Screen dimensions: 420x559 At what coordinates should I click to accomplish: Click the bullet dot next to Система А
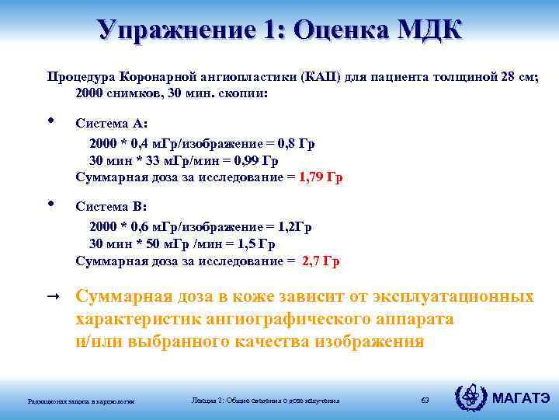(51, 121)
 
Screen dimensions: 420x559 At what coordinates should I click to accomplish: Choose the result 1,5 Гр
(255, 244)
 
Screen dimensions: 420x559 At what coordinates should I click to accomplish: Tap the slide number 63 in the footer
(424, 400)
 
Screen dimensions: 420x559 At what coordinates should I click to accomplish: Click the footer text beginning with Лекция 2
(265, 400)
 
